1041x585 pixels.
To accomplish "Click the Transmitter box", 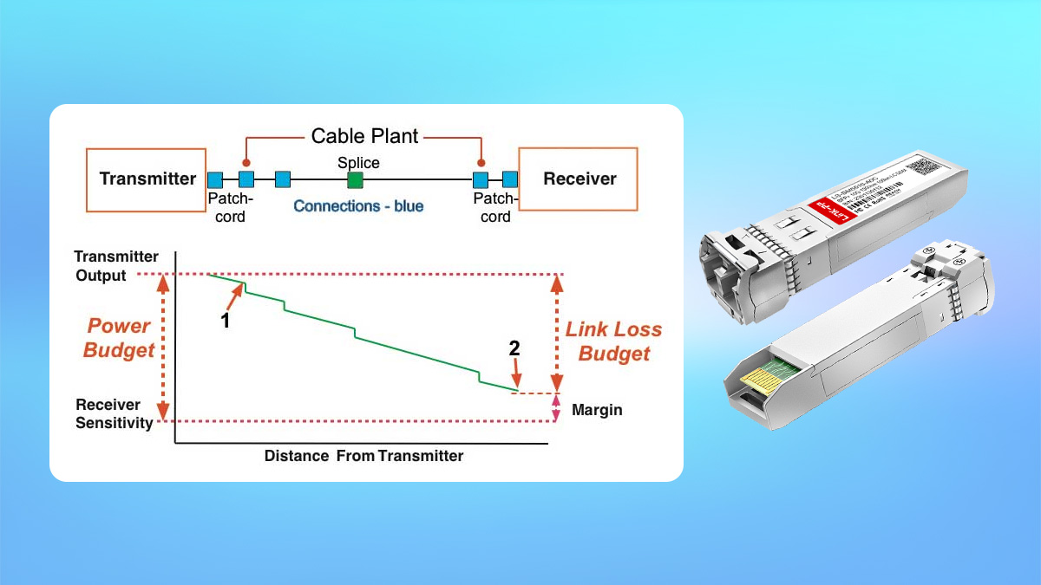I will pos(147,179).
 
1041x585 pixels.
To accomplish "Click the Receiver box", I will pos(579,179).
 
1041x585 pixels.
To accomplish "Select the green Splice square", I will pos(354,180).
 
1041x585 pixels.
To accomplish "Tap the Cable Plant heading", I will pos(364,136).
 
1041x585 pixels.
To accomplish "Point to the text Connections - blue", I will pos(358,206).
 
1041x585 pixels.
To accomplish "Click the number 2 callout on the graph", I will pos(514,348).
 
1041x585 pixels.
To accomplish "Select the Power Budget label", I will pos(119,338).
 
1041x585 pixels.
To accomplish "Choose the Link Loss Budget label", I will pos(613,341).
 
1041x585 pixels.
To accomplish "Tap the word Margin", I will pos(597,410).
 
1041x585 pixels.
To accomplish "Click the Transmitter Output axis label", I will pos(116,266).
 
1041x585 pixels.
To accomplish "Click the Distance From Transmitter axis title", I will pos(363,456).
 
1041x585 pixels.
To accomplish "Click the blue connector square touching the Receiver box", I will pos(509,180).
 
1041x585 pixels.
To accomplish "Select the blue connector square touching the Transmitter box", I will pos(215,180).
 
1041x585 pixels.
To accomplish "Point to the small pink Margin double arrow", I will pos(556,408).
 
